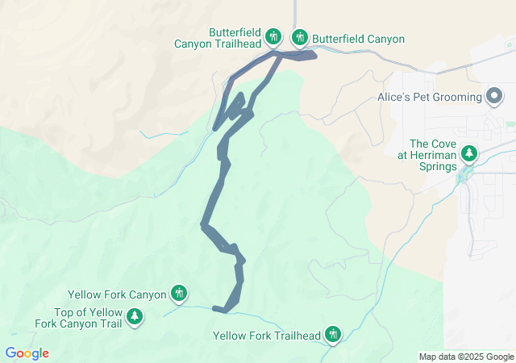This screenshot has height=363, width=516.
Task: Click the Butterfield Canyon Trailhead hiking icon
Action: [273, 36]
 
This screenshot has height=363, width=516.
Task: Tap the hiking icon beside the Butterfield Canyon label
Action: [300, 36]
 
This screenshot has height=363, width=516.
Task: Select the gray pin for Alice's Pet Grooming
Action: [494, 97]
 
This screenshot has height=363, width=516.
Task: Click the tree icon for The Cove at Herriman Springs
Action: [468, 152]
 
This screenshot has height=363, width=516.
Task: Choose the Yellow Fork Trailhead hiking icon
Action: [332, 334]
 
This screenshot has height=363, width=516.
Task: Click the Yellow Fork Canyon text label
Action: [117, 294]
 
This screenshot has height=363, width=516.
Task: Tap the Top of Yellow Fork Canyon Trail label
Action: [79, 318]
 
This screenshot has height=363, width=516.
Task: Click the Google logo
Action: [27, 353]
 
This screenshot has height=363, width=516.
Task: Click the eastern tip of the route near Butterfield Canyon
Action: [315, 55]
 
